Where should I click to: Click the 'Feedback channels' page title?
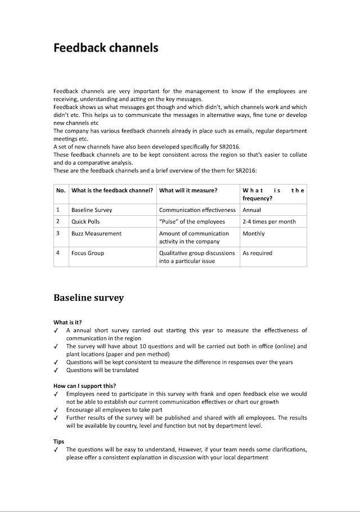pyautogui.click(x=106, y=48)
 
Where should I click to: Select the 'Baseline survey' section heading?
pyautogui.click(x=88, y=297)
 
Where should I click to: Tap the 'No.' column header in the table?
pyautogui.click(x=61, y=191)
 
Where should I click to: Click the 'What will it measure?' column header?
pyautogui.click(x=188, y=191)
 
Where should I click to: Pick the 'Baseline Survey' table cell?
pyautogui.click(x=92, y=210)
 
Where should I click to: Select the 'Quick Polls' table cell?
pyautogui.click(x=85, y=221)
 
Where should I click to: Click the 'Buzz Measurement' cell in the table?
pyautogui.click(x=96, y=233)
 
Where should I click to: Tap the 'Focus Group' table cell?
pyautogui.click(x=88, y=253)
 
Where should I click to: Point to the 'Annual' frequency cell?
pyautogui.click(x=251, y=210)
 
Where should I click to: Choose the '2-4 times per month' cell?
pyautogui.click(x=269, y=221)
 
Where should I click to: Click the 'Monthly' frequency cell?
pyautogui.click(x=254, y=233)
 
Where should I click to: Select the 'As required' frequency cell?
pyautogui.click(x=257, y=253)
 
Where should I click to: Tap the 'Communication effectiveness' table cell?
pyautogui.click(x=197, y=210)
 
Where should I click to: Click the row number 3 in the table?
pyautogui.click(x=58, y=233)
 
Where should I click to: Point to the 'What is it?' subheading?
pyautogui.click(x=68, y=322)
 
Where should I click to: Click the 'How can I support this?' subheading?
pyautogui.click(x=85, y=386)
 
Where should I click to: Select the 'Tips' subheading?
pyautogui.click(x=59, y=442)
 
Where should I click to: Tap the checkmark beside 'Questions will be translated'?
pyautogui.click(x=56, y=370)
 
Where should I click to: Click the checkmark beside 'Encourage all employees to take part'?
pyautogui.click(x=56, y=410)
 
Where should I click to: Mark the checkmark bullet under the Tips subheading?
pyautogui.click(x=56, y=450)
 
